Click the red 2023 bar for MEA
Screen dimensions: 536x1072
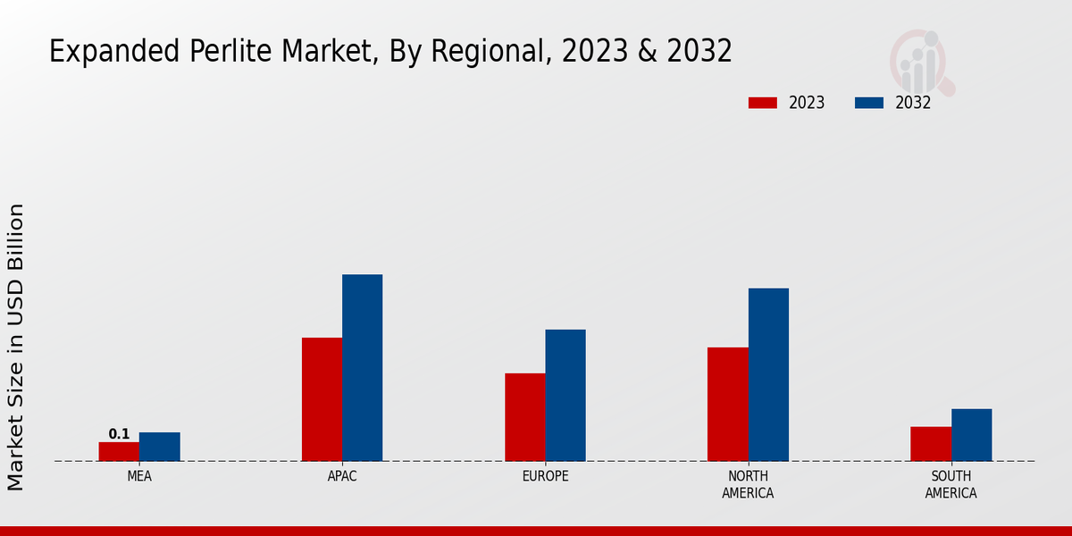pos(119,451)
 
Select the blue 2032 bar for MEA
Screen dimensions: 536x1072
pos(159,447)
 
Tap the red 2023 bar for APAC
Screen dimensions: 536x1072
pos(322,399)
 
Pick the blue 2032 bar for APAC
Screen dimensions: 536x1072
pos(362,367)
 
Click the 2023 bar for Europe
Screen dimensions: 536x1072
pos(524,417)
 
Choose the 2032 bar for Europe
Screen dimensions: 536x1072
pos(565,395)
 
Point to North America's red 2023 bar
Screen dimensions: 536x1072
pos(727,404)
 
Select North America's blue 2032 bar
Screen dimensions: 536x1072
pos(768,374)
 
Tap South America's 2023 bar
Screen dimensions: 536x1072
pos(931,444)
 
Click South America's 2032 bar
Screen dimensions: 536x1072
pos(971,435)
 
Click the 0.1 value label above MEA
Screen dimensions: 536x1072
pos(119,434)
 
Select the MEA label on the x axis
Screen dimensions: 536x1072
pos(139,476)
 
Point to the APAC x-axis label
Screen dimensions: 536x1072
pos(342,476)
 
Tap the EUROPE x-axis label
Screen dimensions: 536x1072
pos(545,476)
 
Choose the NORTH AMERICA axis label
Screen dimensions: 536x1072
pos(748,484)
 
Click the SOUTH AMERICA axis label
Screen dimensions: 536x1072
pos(951,484)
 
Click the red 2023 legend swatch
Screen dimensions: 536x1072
pos(763,103)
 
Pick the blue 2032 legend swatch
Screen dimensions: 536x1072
pos(869,103)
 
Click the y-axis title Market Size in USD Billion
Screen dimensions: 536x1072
pos(16,347)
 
